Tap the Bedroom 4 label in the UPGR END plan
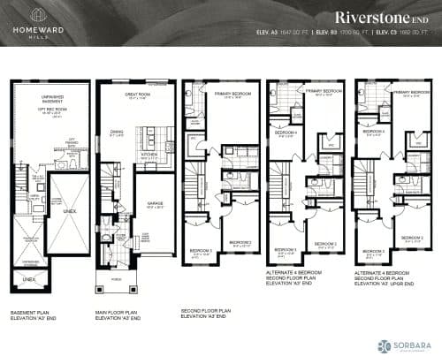(377, 131)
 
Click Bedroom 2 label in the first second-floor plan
(239, 241)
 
